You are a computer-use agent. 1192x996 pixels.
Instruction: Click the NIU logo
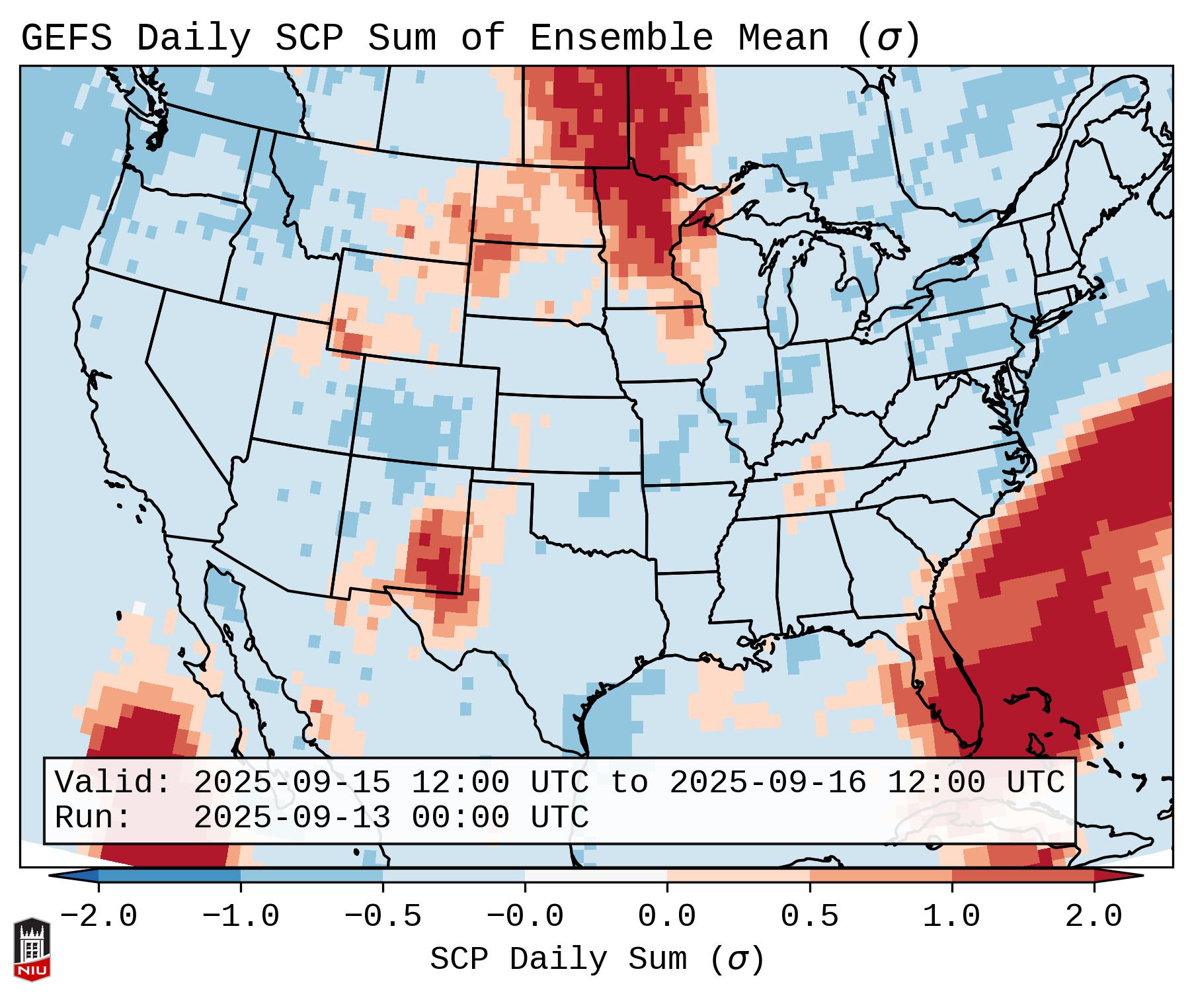tap(32, 948)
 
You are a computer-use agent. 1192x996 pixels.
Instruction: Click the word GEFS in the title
tap(66, 38)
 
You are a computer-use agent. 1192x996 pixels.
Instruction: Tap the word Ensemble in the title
tap(621, 38)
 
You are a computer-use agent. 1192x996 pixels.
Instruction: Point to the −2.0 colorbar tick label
tap(99, 917)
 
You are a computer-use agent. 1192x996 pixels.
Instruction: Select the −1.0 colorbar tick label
tap(241, 917)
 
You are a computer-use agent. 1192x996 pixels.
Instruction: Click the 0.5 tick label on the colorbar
tap(810, 917)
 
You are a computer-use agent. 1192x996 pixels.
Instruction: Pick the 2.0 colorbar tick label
tap(1094, 917)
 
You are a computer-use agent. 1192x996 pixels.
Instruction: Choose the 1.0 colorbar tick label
tap(952, 917)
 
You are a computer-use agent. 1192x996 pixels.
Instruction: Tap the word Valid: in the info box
tap(112, 782)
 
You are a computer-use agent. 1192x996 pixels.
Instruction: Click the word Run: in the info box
tap(93, 817)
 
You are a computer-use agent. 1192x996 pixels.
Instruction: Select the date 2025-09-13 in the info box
tap(292, 817)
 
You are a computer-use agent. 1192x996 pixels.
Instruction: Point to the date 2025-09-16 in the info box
tap(768, 782)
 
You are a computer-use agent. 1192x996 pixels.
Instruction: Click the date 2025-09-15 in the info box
tap(292, 782)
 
